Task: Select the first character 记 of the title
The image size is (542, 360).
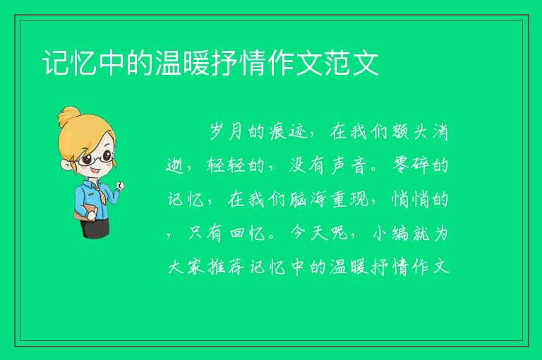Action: click(56, 63)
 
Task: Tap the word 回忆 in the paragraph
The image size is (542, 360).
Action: click(247, 233)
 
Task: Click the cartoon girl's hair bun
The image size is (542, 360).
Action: click(69, 116)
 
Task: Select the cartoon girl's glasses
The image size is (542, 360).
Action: click(96, 158)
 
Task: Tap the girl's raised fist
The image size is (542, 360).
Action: click(119, 186)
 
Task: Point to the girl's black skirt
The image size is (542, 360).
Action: click(95, 227)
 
